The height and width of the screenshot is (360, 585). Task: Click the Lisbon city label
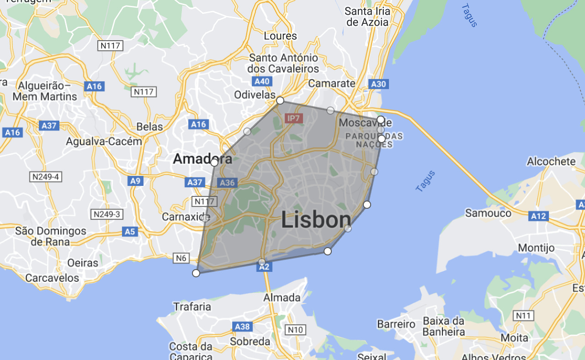(x=316, y=220)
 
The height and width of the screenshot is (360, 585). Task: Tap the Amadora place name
(x=202, y=159)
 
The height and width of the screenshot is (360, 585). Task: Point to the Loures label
(x=280, y=36)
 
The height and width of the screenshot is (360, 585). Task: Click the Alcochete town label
(x=551, y=161)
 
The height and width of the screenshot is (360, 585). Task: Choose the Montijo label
(x=536, y=248)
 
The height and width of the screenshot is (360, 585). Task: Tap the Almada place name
(x=282, y=298)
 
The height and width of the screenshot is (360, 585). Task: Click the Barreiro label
(x=396, y=324)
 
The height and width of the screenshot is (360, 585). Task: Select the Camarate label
(x=331, y=83)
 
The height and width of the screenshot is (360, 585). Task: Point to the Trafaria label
(x=192, y=306)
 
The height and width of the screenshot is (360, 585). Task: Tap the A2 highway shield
(x=264, y=267)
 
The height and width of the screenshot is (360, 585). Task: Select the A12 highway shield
(x=538, y=216)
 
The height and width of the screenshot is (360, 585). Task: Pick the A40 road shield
(x=262, y=81)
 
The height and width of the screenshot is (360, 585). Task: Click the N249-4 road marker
(x=45, y=177)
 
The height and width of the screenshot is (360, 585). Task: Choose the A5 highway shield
(x=130, y=232)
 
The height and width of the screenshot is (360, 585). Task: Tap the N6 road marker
(x=181, y=259)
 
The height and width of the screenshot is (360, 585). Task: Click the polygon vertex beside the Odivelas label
(x=280, y=101)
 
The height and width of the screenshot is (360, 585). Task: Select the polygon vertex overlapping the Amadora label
(x=214, y=162)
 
